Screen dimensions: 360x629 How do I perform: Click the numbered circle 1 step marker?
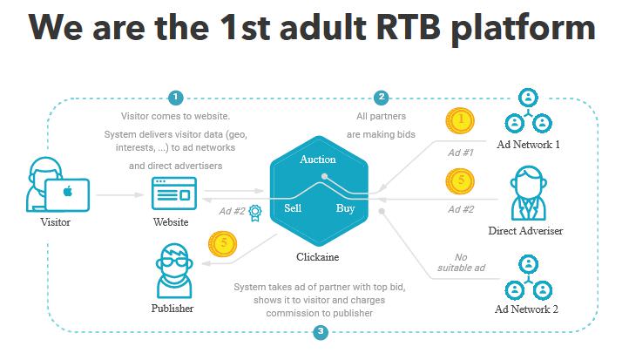(177, 97)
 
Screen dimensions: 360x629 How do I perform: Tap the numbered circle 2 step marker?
(381, 97)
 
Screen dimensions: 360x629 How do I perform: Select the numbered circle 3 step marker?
(321, 331)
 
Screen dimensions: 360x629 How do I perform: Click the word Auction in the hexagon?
(317, 160)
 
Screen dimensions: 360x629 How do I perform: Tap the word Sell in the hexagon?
(293, 209)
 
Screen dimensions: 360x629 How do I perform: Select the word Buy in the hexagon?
(346, 209)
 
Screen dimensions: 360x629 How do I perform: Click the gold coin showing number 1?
(461, 121)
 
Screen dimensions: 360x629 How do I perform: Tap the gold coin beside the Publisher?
(223, 244)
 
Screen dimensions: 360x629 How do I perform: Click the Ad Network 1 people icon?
(528, 112)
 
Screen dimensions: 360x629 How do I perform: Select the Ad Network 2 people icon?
(527, 276)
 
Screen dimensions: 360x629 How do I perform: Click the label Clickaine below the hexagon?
(318, 257)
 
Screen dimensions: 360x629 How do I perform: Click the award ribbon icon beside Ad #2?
(256, 210)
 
